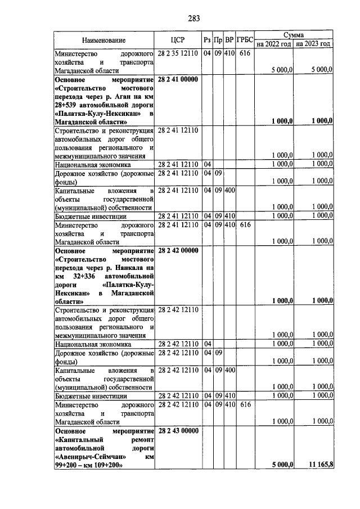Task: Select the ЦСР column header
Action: tap(178, 40)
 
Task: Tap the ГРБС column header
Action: tap(244, 40)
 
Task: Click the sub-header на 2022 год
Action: tap(274, 44)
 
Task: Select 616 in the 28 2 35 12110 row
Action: tap(244, 54)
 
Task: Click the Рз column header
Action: tap(207, 40)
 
